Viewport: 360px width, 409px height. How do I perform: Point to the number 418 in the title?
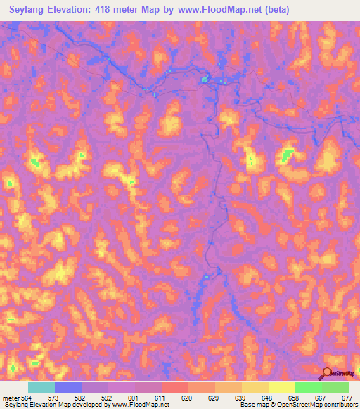point(113,10)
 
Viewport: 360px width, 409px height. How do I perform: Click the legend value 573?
point(62,398)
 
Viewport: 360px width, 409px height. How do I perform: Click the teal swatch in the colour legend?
point(41,387)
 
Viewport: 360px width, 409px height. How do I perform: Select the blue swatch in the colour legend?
point(68,387)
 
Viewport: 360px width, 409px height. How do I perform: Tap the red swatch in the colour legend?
point(175,387)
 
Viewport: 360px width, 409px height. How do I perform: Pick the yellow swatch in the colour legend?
point(282,387)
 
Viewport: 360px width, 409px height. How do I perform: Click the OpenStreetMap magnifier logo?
point(328,372)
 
